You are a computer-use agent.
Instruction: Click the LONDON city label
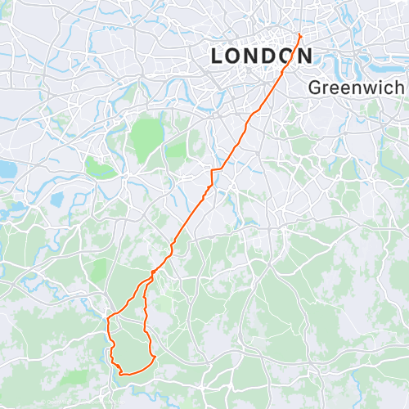pyautogui.click(x=261, y=56)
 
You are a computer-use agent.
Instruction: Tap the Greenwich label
pyautogui.click(x=357, y=87)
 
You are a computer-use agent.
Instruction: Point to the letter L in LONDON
pyautogui.click(x=218, y=56)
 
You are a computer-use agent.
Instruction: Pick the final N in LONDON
pyautogui.click(x=303, y=56)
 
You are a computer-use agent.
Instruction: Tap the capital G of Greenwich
pyautogui.click(x=317, y=87)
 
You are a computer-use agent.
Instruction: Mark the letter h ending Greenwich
pyautogui.click(x=400, y=87)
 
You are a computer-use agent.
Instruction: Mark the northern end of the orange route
pyautogui.click(x=300, y=35)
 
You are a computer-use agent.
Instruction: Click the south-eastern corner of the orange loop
pyautogui.click(x=155, y=357)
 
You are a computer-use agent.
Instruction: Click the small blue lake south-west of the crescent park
pyautogui.click(x=57, y=199)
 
